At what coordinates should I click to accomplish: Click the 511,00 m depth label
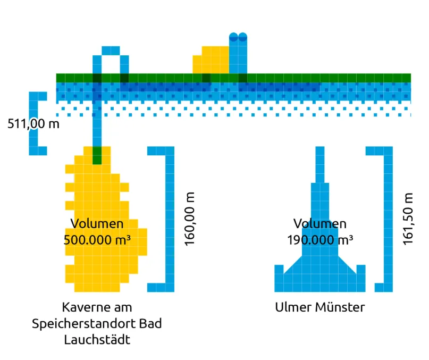coord(33,124)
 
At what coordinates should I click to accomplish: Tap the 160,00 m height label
coord(189,219)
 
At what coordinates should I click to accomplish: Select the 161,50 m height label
coord(408,219)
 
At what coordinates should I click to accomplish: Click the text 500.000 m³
coord(97,240)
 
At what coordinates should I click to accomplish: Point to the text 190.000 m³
coord(320,240)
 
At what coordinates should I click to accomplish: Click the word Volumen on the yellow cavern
coord(97,224)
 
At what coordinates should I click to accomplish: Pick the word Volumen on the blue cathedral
coord(320,224)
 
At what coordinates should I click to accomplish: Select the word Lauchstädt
coord(97,340)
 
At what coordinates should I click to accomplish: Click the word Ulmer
coord(293,307)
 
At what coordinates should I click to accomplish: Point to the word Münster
coord(340,307)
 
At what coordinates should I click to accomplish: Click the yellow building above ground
coord(211,60)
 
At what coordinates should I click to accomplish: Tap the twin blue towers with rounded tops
coord(238,53)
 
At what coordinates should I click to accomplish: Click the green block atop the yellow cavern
coord(97,155)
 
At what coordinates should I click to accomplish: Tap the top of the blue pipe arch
coord(111,51)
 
